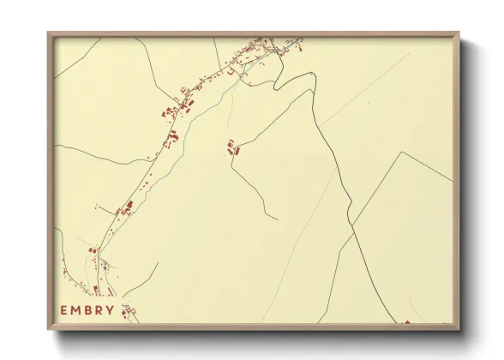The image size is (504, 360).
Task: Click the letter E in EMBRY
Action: coord(64,309)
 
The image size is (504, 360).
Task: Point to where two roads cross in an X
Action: coord(351,230)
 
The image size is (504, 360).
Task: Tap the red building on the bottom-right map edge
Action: coord(407,322)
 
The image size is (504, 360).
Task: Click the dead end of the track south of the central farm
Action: coord(276,217)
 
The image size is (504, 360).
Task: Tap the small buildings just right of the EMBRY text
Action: coord(129,311)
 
